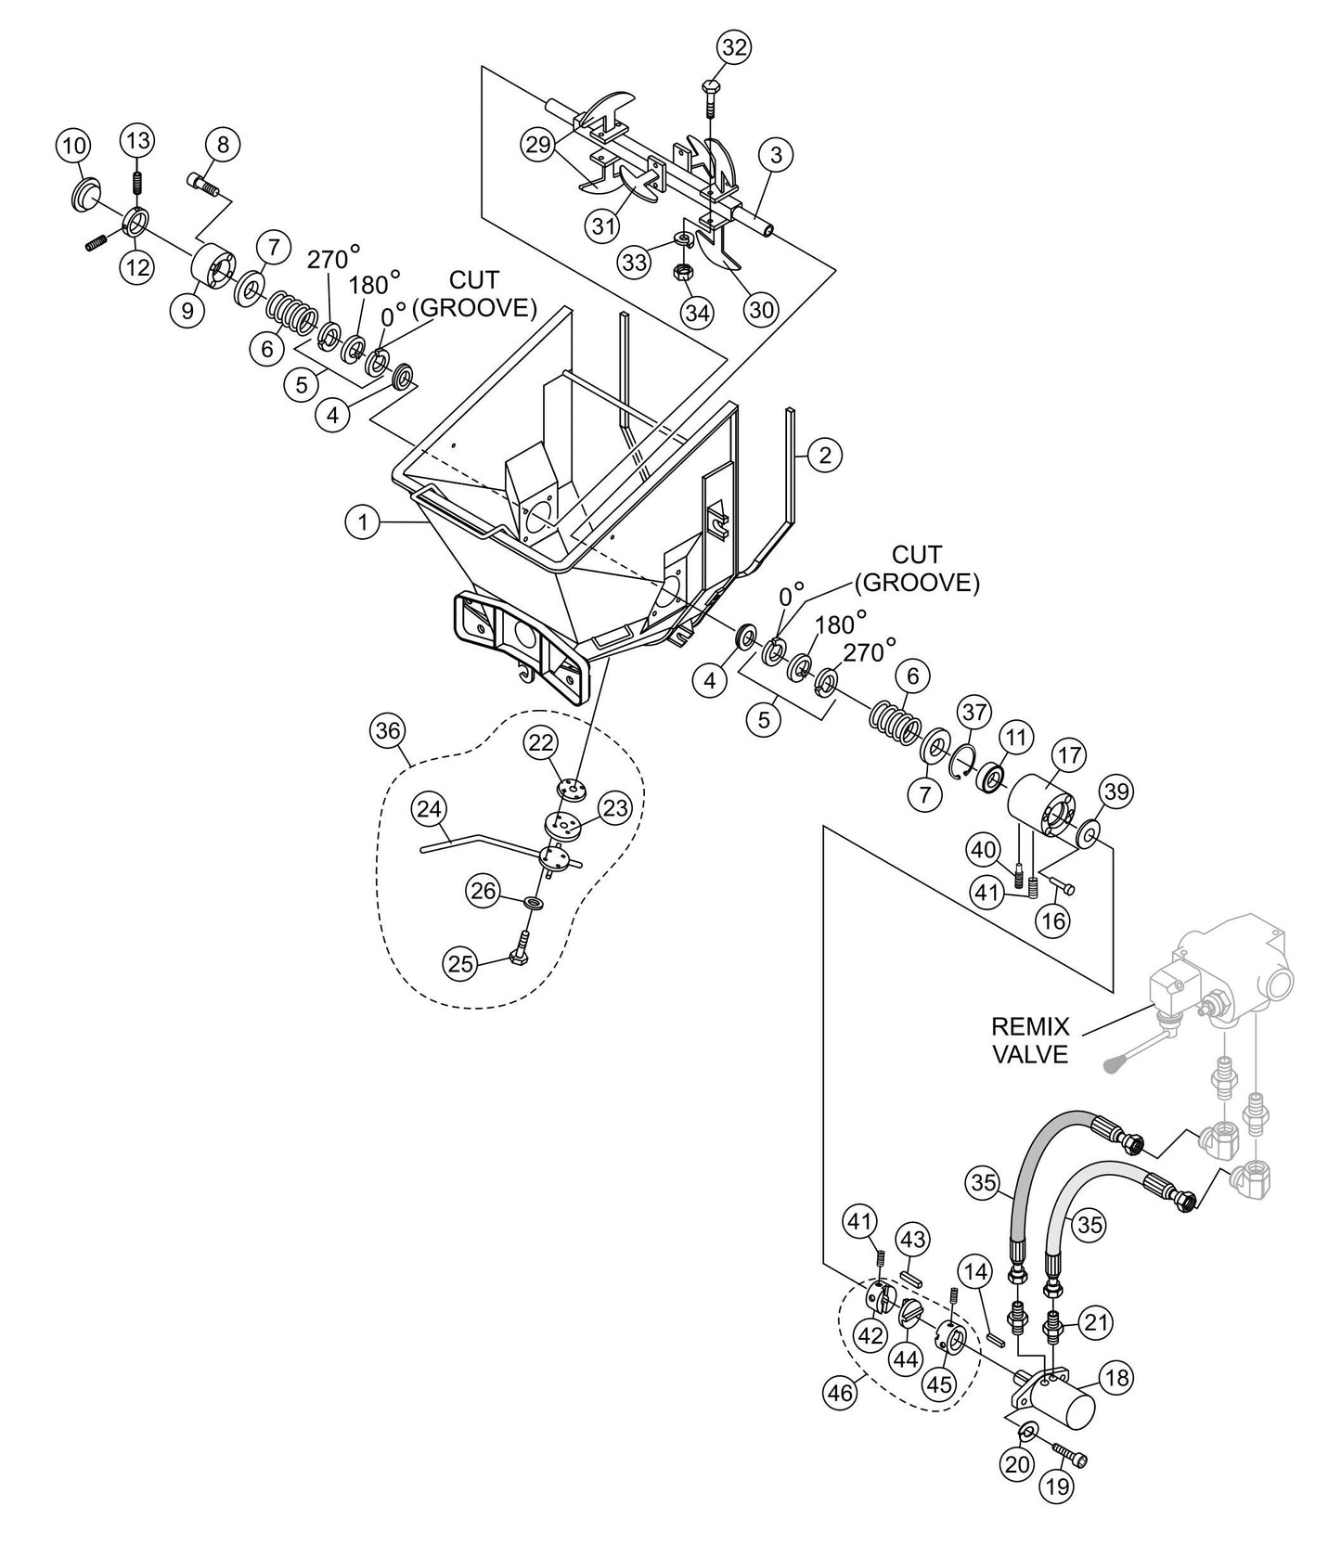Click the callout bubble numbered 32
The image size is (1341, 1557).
(733, 48)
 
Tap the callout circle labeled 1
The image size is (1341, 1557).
(363, 522)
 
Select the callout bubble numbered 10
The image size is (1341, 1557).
(74, 146)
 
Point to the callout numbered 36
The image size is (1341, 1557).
(386, 731)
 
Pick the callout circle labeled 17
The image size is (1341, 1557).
(1070, 755)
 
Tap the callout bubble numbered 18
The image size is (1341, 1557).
(1118, 1378)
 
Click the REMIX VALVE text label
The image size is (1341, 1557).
(1030, 1040)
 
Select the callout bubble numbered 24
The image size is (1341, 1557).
(430, 809)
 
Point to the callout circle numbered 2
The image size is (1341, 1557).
(824, 455)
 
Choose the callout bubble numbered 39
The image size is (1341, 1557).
(1116, 791)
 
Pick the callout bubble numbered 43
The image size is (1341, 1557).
(912, 1239)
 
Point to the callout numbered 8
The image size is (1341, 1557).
(223, 144)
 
